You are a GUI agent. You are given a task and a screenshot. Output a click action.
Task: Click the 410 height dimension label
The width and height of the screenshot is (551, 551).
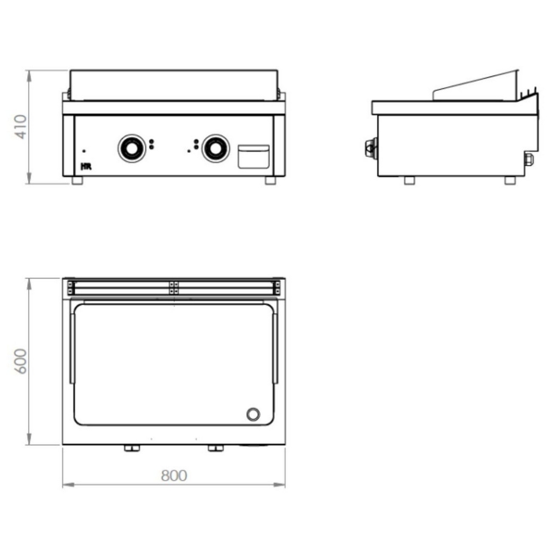21,127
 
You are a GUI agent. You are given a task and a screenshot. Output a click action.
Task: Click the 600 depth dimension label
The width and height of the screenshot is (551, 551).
20,361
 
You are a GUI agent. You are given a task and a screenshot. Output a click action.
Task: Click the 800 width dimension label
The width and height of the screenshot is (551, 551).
174,476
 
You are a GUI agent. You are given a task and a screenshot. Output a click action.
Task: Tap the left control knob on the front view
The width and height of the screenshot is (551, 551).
132,149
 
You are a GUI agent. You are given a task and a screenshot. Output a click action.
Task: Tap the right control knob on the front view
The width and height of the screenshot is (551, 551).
216,149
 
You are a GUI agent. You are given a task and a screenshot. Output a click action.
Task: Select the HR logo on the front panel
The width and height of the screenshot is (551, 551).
86,167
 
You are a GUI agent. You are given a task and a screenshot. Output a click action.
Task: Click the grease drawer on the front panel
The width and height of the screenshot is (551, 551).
254,157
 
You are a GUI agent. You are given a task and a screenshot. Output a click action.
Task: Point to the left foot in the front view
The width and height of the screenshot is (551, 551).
77,180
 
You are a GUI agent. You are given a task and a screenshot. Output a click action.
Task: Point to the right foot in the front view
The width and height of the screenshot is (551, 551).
271,180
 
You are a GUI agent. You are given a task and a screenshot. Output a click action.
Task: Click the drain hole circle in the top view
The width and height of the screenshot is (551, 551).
253,415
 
